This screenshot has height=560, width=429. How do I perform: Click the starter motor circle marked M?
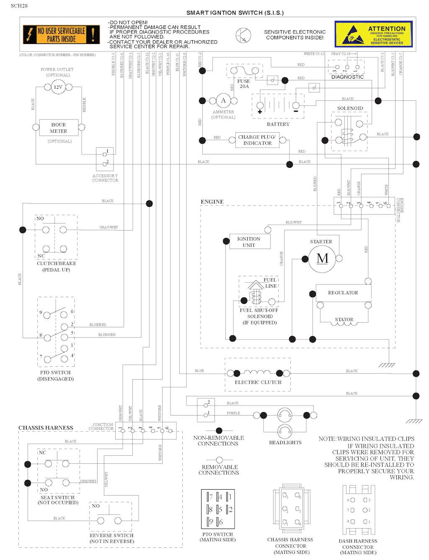[x=322, y=259]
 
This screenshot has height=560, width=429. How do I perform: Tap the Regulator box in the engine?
[x=344, y=293]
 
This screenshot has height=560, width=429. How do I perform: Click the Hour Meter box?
[x=59, y=128]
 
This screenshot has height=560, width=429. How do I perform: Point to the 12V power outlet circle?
[x=58, y=87]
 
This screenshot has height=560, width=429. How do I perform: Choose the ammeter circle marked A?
[x=223, y=100]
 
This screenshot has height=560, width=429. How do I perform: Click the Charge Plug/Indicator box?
[x=257, y=140]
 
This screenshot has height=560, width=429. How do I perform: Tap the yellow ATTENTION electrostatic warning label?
[x=373, y=34]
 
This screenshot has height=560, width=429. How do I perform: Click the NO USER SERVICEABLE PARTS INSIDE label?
[x=62, y=35]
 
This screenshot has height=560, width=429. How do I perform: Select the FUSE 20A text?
[x=244, y=84]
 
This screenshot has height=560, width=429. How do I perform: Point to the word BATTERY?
[x=278, y=124]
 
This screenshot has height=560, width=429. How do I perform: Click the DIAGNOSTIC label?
[x=347, y=77]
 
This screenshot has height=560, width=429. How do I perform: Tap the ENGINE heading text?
[x=212, y=202]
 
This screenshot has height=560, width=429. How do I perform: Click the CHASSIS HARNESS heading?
[x=46, y=428]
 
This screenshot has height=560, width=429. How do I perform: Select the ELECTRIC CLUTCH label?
[x=258, y=382]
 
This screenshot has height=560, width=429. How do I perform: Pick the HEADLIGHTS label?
[x=285, y=442]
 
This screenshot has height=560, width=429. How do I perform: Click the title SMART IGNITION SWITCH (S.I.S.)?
[x=235, y=13]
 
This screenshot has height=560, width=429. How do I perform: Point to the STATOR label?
[x=344, y=319]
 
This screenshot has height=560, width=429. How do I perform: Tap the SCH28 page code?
[x=19, y=6]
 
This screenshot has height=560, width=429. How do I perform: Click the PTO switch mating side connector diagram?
[x=218, y=509]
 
